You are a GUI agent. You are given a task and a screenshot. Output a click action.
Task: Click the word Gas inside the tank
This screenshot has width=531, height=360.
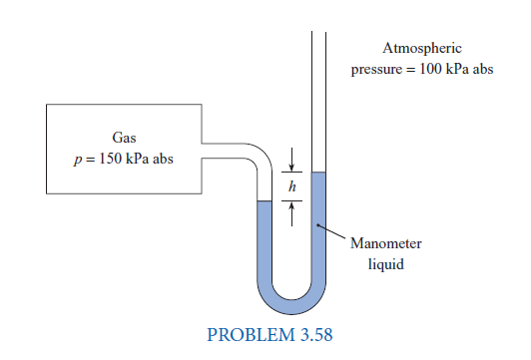pos(124,137)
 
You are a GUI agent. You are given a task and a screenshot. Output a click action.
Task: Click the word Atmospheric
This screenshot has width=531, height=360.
pos(422,48)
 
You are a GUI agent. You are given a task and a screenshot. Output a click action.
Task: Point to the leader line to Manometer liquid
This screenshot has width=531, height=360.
pos(333,232)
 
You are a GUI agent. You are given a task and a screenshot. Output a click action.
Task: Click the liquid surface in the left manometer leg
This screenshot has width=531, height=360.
pos(265,202)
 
